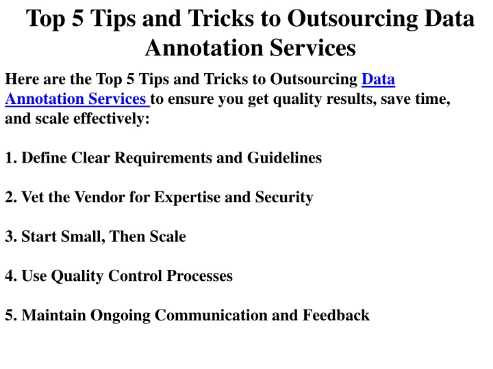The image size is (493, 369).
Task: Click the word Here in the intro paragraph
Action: [x=22, y=79]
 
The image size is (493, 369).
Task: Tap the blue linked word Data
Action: [x=378, y=79]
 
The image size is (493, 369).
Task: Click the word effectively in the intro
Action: [x=109, y=119]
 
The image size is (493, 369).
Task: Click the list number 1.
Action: [x=11, y=158]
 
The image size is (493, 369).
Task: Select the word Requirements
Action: [x=163, y=158]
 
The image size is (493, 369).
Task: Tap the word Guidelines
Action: [x=285, y=158]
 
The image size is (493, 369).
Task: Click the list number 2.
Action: [x=11, y=197]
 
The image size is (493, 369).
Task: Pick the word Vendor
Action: [x=99, y=197]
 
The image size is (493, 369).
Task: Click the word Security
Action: [x=284, y=197]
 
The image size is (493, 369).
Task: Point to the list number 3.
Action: [x=11, y=236]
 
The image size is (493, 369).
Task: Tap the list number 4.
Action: [x=11, y=276]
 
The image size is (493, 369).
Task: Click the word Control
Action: [x=135, y=276]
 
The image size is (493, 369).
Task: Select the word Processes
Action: [x=200, y=276]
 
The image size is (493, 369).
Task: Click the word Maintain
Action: [x=54, y=315]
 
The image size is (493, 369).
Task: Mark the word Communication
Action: [x=211, y=315]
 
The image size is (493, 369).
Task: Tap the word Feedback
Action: [x=336, y=315]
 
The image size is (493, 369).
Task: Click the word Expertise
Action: [x=187, y=197]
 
